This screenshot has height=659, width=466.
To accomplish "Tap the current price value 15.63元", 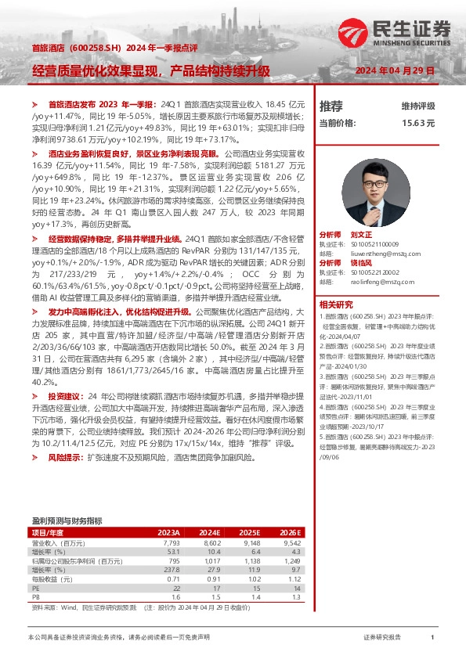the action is tap(418, 123).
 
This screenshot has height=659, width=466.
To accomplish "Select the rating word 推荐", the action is tap(331, 106).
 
